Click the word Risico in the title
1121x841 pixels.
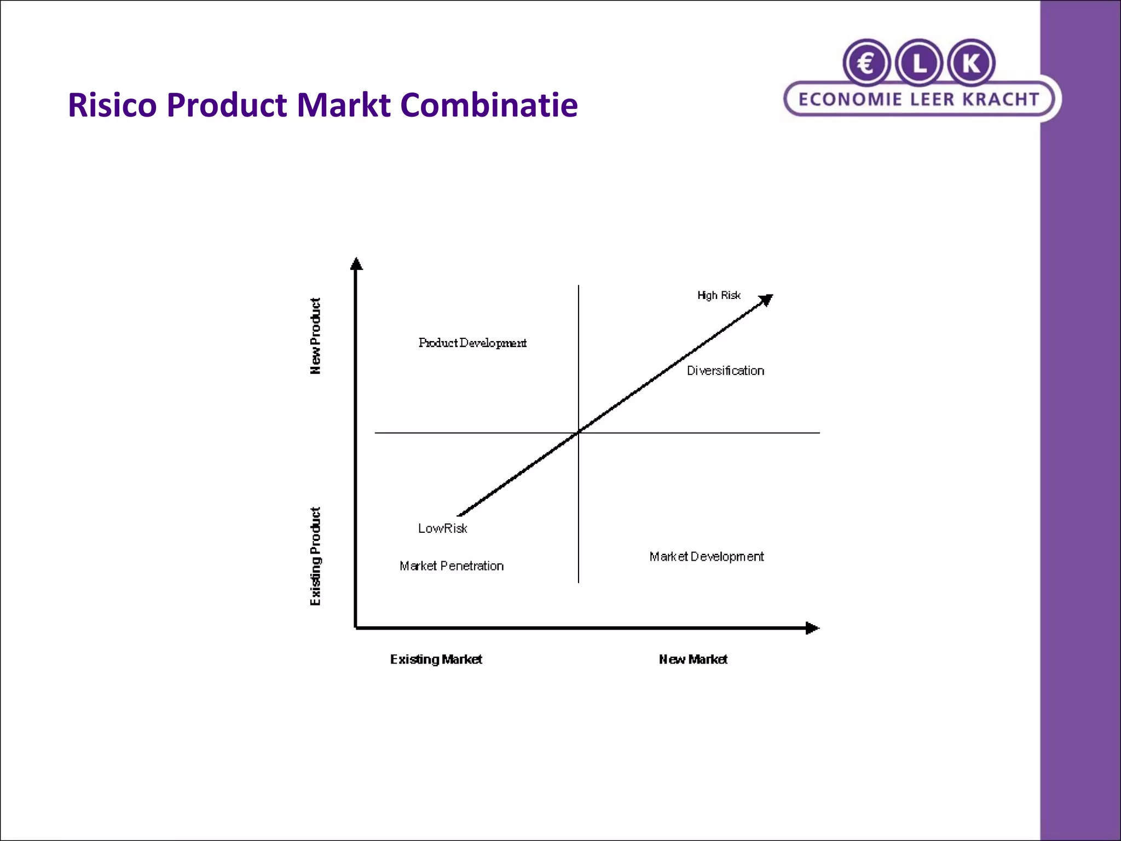112,105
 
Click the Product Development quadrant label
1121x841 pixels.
472,343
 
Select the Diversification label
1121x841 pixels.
725,371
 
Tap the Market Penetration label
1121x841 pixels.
452,566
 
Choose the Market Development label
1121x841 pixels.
706,557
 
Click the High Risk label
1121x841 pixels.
719,296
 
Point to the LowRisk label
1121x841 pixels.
442,528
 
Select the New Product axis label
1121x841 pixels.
315,336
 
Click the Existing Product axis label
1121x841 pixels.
315,556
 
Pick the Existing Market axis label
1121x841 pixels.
436,659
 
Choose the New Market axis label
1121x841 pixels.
693,659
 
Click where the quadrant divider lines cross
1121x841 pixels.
579,433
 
